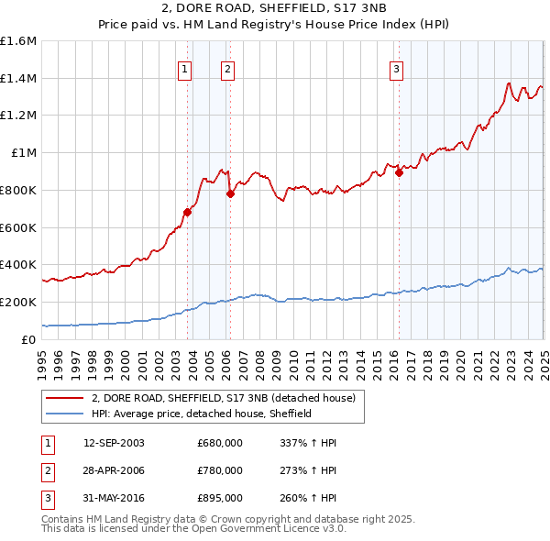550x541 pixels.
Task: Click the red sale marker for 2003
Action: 187,212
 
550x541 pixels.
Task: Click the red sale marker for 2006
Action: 230,193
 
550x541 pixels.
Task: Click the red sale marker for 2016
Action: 399,172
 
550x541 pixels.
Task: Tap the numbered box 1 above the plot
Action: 185,68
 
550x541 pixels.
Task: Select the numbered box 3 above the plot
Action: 396,68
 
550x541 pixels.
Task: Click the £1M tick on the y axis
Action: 25,153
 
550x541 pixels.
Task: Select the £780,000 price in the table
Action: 220,470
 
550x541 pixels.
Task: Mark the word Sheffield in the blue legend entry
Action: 291,414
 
